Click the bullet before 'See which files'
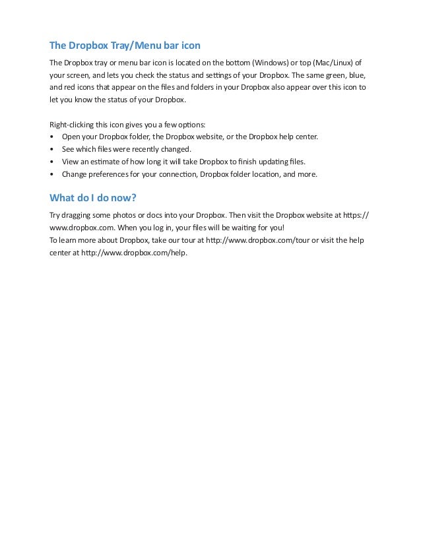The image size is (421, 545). click(x=52, y=149)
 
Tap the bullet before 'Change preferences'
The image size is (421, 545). click(x=52, y=174)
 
